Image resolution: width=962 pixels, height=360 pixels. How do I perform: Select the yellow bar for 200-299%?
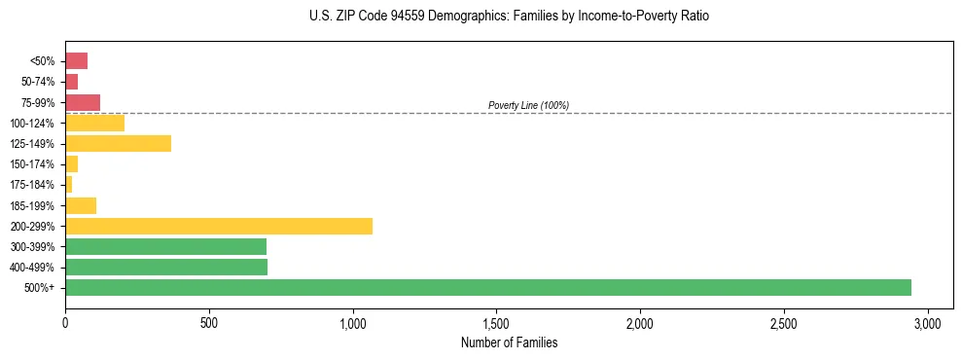[x=219, y=226]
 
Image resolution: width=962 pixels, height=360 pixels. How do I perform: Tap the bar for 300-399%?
[x=165, y=246]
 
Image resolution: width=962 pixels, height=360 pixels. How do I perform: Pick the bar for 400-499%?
[x=166, y=267]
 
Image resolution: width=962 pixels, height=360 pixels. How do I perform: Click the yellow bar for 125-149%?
[x=118, y=143]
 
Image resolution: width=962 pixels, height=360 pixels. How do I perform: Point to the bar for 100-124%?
[x=94, y=123]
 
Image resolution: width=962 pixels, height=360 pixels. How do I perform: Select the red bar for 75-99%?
[x=83, y=102]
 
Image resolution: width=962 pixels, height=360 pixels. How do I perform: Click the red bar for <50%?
[x=76, y=61]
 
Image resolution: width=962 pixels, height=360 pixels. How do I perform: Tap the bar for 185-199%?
[x=81, y=205]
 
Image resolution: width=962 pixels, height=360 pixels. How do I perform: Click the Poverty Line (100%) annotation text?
[x=528, y=105]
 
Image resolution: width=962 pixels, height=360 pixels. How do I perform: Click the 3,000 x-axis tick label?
[x=927, y=323]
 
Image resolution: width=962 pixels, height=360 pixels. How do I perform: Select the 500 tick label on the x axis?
[x=208, y=323]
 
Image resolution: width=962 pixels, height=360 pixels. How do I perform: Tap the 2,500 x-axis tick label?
[x=783, y=323]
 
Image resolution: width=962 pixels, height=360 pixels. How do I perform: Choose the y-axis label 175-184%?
[x=32, y=185]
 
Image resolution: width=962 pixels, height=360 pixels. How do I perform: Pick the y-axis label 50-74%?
[x=37, y=82]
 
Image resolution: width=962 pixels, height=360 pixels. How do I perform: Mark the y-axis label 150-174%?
[x=32, y=164]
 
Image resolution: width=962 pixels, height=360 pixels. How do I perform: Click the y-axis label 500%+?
[x=40, y=288]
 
